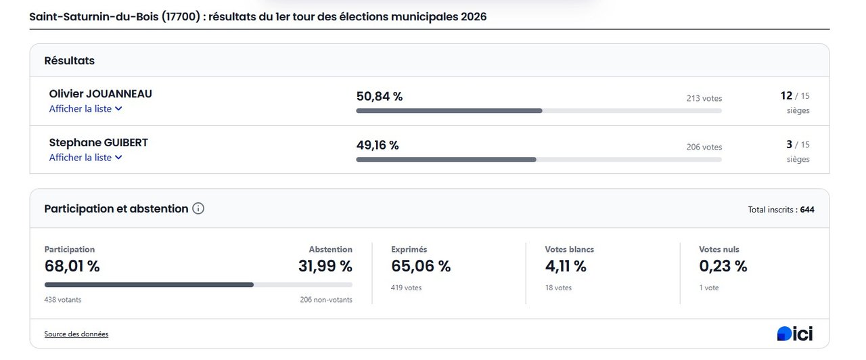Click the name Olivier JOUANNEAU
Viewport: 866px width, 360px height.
(101, 94)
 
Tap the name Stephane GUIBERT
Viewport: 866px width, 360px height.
(99, 143)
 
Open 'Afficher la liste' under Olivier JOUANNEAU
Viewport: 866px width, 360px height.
(85, 109)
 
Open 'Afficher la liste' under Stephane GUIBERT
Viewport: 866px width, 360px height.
(85, 158)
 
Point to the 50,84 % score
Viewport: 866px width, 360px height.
(380, 97)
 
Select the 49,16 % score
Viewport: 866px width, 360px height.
(378, 145)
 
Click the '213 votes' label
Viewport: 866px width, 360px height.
(704, 98)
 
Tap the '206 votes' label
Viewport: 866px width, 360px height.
(704, 147)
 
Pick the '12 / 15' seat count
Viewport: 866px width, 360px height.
(795, 96)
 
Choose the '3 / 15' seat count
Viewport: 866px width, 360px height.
(798, 145)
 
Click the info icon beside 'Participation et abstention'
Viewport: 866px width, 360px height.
(198, 208)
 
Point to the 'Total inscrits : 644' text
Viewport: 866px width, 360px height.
(781, 210)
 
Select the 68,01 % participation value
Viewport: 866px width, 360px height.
(72, 267)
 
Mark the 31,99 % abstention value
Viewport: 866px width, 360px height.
(325, 267)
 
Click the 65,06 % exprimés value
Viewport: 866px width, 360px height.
(421, 267)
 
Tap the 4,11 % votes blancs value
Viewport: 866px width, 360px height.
(566, 267)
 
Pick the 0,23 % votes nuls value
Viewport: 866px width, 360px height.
(723, 267)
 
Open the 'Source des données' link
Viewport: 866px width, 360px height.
(76, 334)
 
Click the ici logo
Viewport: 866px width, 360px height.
(795, 334)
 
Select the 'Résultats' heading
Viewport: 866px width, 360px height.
(70, 61)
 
